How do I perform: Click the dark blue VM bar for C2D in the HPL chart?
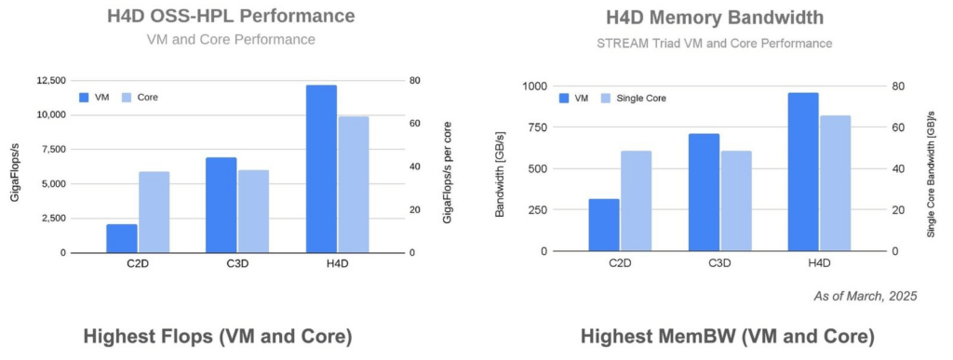(122, 238)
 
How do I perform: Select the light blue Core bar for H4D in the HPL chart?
(353, 184)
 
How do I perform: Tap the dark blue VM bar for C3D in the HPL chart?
(221, 206)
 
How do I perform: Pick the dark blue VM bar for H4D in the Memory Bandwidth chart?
(803, 172)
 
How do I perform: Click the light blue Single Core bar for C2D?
(636, 201)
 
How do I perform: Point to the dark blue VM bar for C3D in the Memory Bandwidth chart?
(704, 193)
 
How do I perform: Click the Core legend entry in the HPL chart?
(141, 97)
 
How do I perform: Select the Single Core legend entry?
(633, 99)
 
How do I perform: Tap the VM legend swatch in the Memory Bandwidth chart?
(563, 99)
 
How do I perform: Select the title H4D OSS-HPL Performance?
(231, 17)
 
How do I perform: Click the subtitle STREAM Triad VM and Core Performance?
(715, 44)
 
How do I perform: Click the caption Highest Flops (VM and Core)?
(218, 338)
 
